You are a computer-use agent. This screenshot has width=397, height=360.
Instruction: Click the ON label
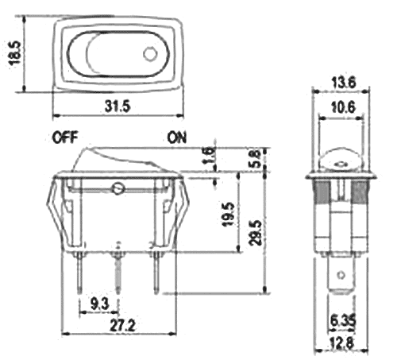[177, 137]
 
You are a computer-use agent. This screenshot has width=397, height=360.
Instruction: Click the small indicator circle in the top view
[149, 55]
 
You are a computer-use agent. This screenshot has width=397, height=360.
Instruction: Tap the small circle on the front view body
[118, 189]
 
